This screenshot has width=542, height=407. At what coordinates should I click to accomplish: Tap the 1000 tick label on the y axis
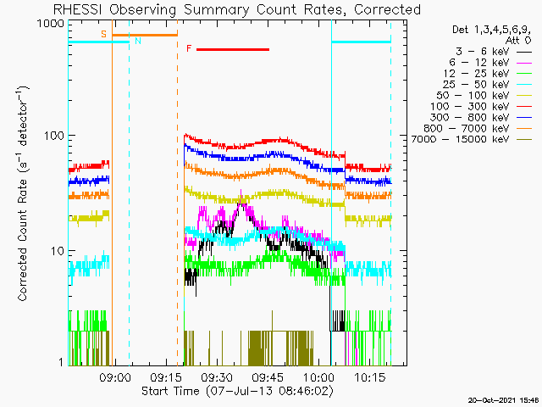(x=51, y=25)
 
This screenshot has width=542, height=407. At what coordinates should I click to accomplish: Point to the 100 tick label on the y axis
(x=54, y=136)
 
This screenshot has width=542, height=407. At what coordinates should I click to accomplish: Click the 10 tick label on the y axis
(x=58, y=251)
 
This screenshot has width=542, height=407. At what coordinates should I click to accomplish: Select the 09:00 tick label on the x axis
(x=115, y=377)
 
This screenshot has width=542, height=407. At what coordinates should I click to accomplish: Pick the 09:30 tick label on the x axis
(x=217, y=377)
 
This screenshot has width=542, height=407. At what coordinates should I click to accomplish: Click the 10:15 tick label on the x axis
(x=370, y=377)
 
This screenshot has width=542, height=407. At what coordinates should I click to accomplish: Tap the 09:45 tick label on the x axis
(x=268, y=377)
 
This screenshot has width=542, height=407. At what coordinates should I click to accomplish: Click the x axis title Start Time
(x=171, y=391)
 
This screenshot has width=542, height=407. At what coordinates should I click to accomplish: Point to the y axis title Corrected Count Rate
(x=22, y=240)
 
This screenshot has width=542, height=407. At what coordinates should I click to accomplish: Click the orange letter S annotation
(x=103, y=34)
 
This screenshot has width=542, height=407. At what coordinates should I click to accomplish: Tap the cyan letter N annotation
(x=138, y=41)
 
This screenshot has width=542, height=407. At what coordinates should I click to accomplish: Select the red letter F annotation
(x=189, y=48)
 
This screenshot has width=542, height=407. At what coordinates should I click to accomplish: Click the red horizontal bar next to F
(x=233, y=49)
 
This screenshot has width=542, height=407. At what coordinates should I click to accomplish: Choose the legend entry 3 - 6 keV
(x=494, y=52)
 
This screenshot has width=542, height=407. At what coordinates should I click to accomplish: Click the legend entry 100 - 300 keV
(x=481, y=107)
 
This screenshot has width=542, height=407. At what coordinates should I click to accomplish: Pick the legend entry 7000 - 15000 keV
(x=472, y=139)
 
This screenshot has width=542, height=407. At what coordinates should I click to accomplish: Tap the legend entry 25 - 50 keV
(x=487, y=85)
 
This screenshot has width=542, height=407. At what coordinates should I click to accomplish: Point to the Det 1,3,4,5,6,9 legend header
(x=491, y=31)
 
